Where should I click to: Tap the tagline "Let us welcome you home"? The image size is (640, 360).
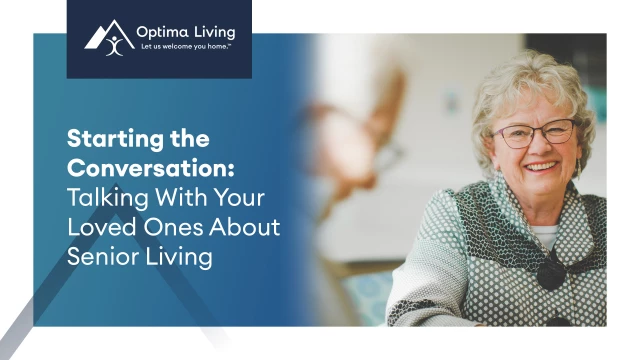click(190, 47)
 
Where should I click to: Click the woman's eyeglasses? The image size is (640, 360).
click(535, 134)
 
